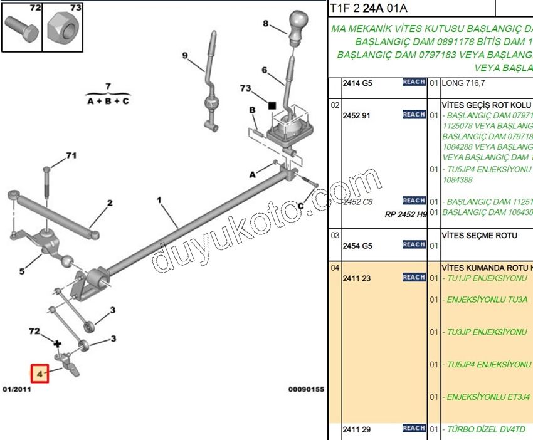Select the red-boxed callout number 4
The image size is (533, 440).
click(40, 374)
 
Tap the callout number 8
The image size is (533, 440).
click(265, 24)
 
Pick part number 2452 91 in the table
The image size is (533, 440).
click(356, 115)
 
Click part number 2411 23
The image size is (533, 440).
click(355, 278)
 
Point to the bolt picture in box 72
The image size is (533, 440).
click(21, 27)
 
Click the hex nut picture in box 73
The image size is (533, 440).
click(63, 27)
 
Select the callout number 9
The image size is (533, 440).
click(185, 56)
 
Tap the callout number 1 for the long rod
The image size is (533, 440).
click(159, 201)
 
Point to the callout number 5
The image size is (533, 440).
click(21, 271)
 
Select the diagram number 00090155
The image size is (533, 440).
click(306, 389)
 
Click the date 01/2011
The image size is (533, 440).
click(16, 389)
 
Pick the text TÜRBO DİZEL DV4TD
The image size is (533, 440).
click(486, 429)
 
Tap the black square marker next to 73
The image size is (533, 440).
click(272, 106)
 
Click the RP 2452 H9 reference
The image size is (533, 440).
click(406, 214)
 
